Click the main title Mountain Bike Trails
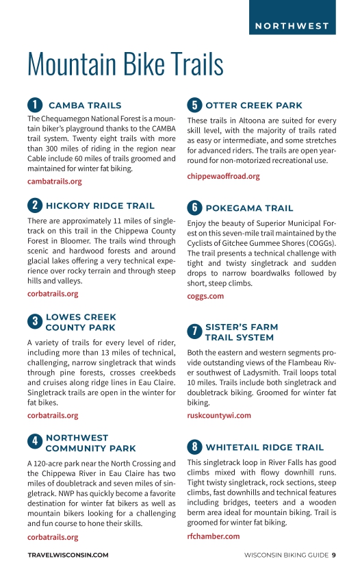click(x=125, y=64)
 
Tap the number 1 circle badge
click(x=34, y=105)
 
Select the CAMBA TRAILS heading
click(x=85, y=105)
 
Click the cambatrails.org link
click(x=54, y=182)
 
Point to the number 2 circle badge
click(x=34, y=205)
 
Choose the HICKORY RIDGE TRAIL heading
click(x=100, y=205)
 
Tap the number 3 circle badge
click(x=34, y=322)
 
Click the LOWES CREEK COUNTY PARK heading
click(x=81, y=322)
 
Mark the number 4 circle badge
click(x=34, y=442)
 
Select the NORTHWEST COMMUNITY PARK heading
click(x=90, y=442)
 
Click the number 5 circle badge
click(x=194, y=105)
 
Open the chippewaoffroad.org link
click(x=223, y=176)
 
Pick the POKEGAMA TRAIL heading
click(x=249, y=208)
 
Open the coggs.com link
click(x=205, y=296)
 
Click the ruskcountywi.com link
click(x=219, y=415)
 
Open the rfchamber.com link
click(x=213, y=536)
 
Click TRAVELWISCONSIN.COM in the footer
click(x=68, y=555)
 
